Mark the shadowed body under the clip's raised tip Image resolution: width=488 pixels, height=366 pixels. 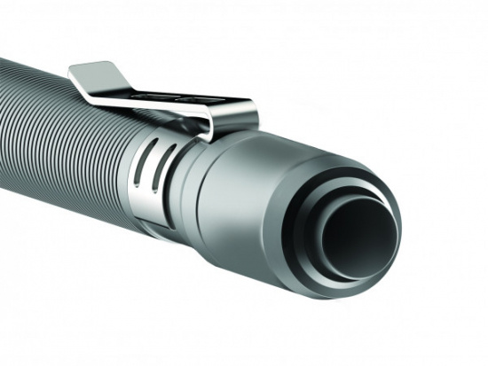(x=89, y=93)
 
